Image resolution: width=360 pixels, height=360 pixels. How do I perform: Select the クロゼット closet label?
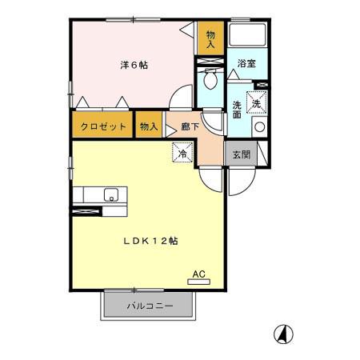102,126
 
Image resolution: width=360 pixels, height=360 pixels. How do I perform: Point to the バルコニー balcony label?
148,306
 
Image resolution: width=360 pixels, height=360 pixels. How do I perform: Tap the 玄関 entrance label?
242,154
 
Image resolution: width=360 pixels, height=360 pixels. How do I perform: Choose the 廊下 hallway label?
190,126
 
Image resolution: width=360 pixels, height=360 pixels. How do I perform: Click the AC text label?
199,274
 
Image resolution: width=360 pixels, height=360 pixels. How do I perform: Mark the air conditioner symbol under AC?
199,282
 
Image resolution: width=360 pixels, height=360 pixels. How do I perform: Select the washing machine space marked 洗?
257,102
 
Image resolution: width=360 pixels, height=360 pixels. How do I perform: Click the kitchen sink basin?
110,194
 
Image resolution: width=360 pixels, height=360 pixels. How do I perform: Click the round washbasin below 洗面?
258,127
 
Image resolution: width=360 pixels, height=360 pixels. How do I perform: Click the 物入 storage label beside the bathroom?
210,39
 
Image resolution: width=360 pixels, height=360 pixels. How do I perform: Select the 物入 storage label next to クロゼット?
148,126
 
